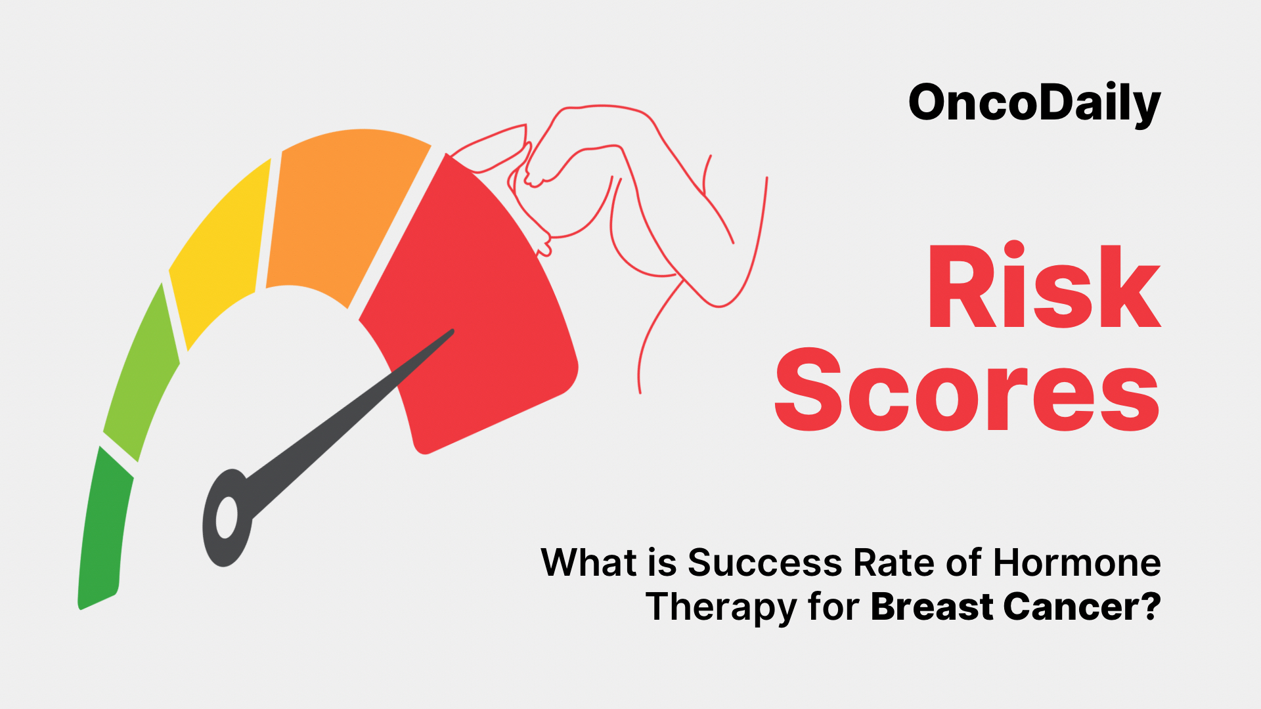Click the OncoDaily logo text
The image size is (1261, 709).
click(x=1034, y=104)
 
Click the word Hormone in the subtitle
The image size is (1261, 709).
click(x=1076, y=563)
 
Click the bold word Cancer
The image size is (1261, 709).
click(x=1069, y=607)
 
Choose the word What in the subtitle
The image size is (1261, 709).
click(x=589, y=563)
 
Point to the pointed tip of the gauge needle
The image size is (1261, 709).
click(x=453, y=331)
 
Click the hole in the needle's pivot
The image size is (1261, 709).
click(x=227, y=517)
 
